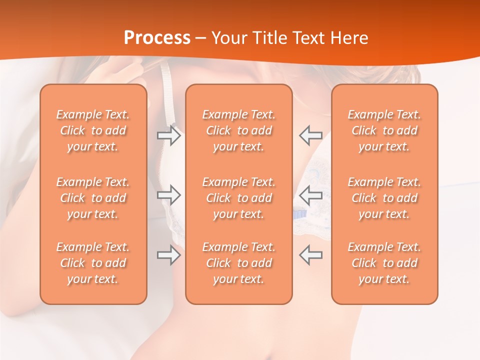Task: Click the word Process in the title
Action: tap(157, 38)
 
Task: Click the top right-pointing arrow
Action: tap(169, 135)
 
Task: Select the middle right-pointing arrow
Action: tap(169, 195)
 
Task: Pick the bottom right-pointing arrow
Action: tap(169, 255)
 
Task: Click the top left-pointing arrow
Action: tap(310, 135)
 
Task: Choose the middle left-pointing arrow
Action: tap(310, 195)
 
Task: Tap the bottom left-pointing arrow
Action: tap(310, 255)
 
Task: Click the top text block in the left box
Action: tap(93, 130)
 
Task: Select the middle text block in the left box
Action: tap(93, 198)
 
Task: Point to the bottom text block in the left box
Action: tap(93, 263)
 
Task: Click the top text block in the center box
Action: tap(239, 130)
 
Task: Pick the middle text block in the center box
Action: tap(239, 198)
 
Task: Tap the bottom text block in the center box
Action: tap(239, 263)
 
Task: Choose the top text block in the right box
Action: tap(384, 130)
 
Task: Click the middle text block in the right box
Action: tap(384, 198)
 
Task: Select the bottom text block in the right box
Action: tap(384, 263)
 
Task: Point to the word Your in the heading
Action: tap(230, 38)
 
